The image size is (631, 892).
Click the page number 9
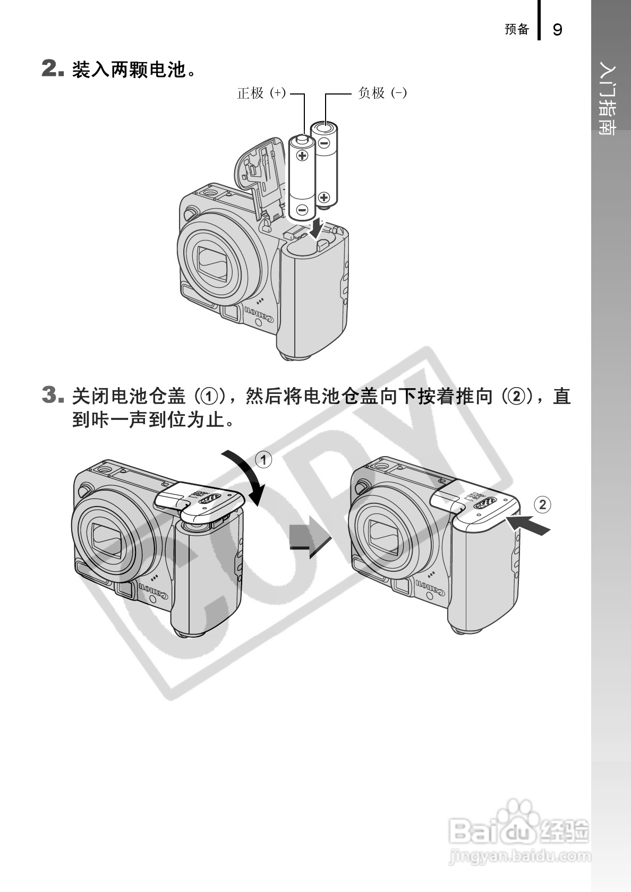point(557,30)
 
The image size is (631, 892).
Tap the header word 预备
point(517,29)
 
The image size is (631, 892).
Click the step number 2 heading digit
point(49,68)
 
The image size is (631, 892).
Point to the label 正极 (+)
point(261,93)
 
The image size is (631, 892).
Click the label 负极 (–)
point(382,93)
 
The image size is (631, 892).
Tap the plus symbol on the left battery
point(302,155)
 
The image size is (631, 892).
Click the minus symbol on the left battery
point(302,209)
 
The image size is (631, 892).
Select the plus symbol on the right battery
point(324,197)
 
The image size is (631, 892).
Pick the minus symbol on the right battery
point(324,142)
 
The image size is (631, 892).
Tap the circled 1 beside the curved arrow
point(263,460)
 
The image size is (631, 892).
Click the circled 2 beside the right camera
point(542,505)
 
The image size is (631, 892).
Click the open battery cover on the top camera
point(261,175)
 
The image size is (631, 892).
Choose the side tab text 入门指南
point(608,100)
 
